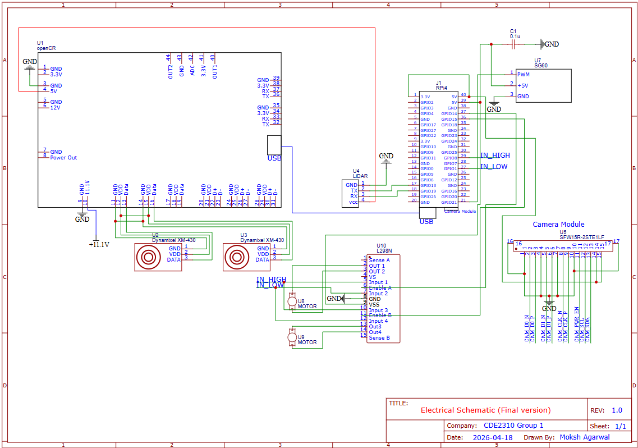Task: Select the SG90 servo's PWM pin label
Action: (523, 74)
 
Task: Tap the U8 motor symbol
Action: (292, 301)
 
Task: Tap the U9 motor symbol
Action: (292, 337)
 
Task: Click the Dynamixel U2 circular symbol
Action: (148, 258)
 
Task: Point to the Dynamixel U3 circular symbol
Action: (236, 258)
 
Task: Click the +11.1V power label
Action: (99, 245)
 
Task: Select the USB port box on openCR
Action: (274, 145)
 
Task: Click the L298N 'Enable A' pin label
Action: (380, 288)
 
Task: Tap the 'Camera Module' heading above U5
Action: (558, 225)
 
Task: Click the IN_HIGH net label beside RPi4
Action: (495, 156)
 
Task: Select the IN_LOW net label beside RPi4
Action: (494, 167)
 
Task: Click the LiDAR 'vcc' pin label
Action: (353, 202)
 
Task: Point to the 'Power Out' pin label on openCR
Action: (63, 158)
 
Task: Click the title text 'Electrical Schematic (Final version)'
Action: (485, 410)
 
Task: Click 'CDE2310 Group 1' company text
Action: (513, 426)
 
